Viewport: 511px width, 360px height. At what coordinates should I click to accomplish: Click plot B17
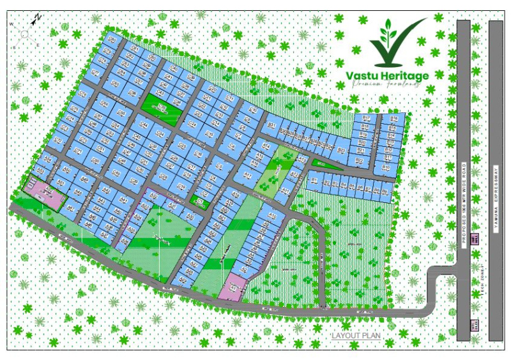click(367, 119)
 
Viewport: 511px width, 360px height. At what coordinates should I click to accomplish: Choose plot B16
click(393, 119)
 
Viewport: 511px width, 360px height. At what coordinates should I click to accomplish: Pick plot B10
click(386, 167)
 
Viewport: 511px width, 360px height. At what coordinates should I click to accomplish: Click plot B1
click(314, 181)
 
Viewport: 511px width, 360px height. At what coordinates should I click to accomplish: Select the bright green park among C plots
click(160, 105)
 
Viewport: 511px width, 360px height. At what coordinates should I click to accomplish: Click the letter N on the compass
click(38, 17)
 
